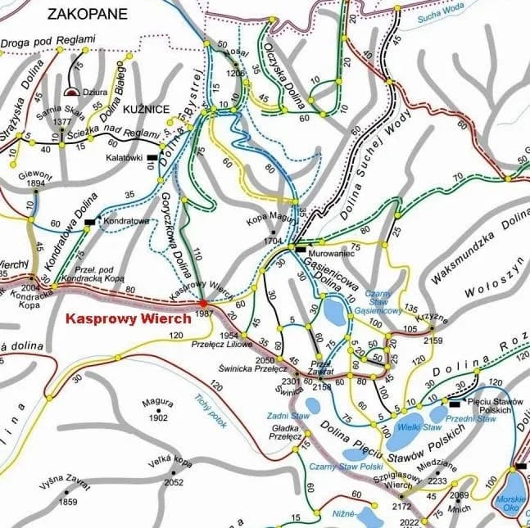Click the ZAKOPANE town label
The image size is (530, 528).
tap(88, 12)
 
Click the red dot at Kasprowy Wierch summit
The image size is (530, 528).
tap(203, 303)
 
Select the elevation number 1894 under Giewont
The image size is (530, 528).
tap(35, 184)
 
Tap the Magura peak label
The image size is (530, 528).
tap(156, 402)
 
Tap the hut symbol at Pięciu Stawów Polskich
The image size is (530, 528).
tap(454, 403)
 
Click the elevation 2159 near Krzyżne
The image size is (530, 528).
tap(434, 340)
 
